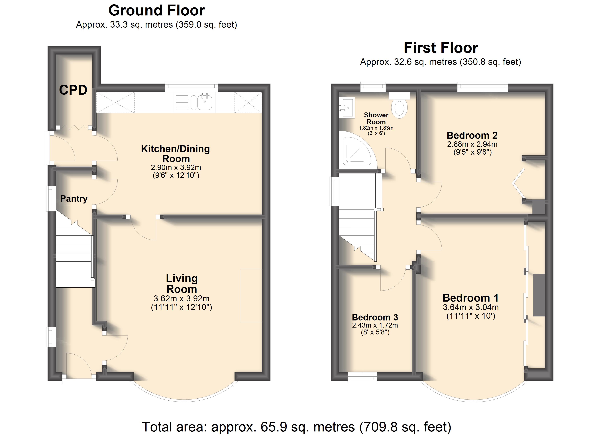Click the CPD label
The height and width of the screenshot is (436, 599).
[73, 90]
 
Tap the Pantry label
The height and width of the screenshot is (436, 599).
[74, 199]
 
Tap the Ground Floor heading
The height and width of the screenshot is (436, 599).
[157, 11]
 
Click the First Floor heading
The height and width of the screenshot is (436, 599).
[441, 48]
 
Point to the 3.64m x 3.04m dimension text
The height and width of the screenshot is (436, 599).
[471, 307]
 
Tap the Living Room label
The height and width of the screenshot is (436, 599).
[182, 283]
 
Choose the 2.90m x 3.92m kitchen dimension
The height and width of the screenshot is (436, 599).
[176, 167]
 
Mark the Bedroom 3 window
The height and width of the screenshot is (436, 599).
[362, 377]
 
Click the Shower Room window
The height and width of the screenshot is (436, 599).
[373, 87]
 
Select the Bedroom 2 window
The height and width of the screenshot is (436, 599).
[482, 87]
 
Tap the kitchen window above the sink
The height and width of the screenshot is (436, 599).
[191, 87]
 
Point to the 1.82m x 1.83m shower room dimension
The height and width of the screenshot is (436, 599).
[376, 128]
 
